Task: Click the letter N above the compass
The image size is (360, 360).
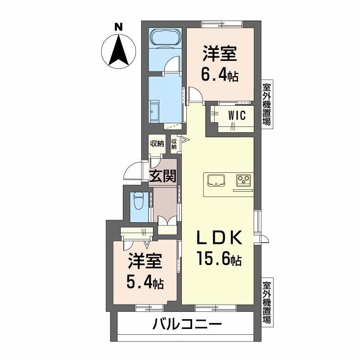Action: [118, 27]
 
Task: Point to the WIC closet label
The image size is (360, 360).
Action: [237, 116]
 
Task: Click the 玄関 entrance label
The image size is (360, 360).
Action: [162, 176]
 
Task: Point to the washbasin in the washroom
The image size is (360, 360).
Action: [154, 110]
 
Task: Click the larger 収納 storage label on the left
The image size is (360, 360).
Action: [157, 144]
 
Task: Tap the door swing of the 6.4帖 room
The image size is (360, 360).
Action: [195, 94]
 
